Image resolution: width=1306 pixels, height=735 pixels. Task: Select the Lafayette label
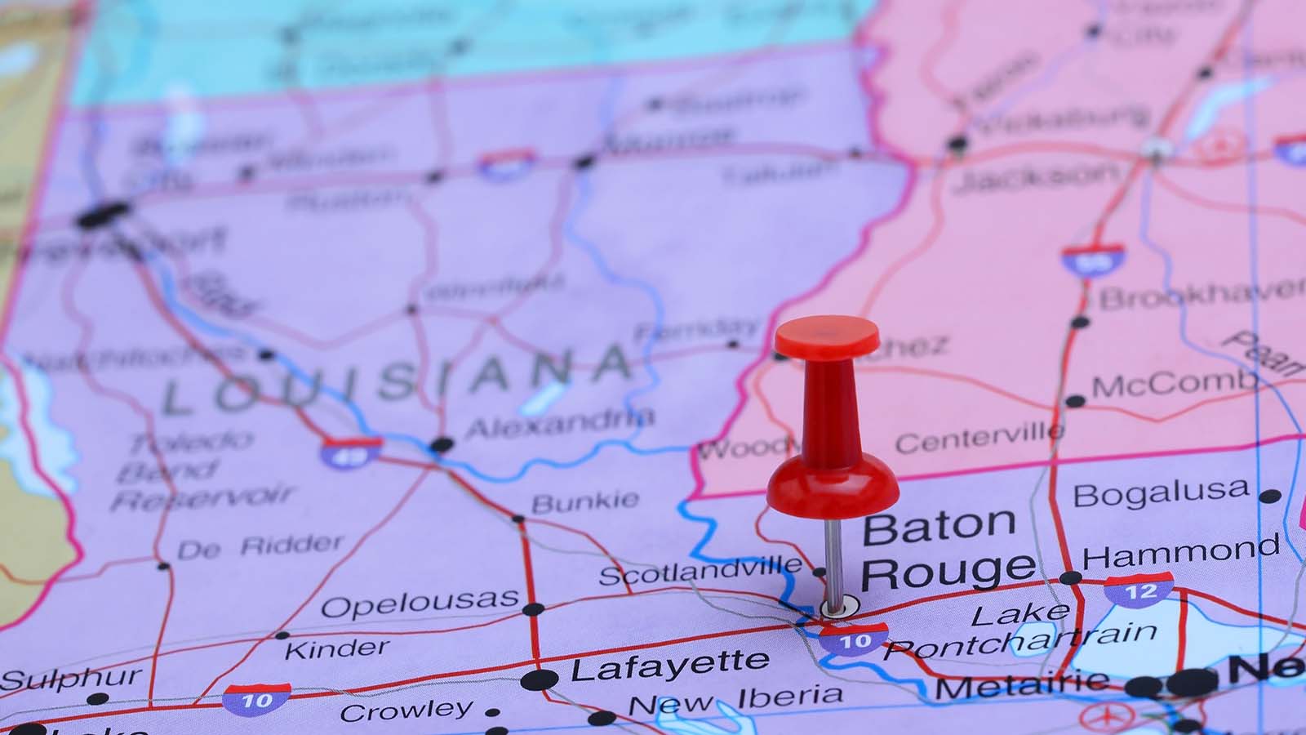click(669, 666)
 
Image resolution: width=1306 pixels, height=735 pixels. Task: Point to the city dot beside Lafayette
click(540, 679)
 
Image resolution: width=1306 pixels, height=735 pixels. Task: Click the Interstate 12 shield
click(1139, 590)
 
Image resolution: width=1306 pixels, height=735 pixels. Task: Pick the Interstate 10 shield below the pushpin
click(855, 640)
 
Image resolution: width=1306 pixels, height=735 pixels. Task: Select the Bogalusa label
click(1161, 492)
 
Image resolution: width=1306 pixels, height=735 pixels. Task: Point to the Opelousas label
click(420, 603)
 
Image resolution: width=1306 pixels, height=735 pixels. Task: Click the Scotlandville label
click(700, 570)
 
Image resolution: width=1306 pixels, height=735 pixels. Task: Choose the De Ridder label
click(260, 546)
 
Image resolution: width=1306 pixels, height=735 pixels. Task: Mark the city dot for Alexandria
click(442, 445)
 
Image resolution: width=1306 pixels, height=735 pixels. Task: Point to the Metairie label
click(1021, 684)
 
